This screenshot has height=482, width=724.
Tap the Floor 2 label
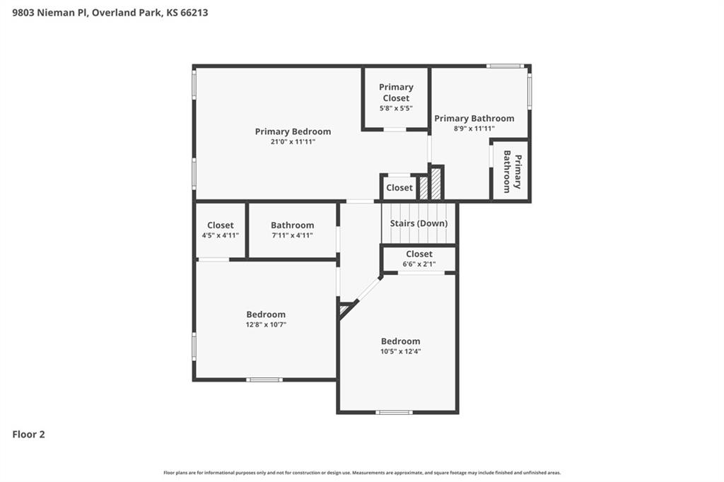(x=28, y=435)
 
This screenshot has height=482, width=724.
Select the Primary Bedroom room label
(x=293, y=131)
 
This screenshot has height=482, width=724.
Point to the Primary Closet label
(x=396, y=93)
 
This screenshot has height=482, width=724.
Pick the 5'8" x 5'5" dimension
(x=396, y=108)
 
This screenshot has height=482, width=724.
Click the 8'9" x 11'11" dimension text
(x=474, y=129)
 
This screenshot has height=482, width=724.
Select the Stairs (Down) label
(x=419, y=223)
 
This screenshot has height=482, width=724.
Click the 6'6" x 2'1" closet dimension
(x=419, y=264)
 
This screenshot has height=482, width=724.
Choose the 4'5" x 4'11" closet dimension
(x=220, y=235)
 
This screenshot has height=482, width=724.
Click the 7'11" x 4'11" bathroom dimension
(x=292, y=235)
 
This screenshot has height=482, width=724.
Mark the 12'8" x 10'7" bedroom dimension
(x=266, y=324)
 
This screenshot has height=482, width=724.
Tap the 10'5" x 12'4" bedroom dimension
(x=400, y=351)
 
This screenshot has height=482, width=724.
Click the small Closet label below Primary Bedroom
(x=399, y=187)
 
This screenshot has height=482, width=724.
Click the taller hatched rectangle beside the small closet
(x=436, y=183)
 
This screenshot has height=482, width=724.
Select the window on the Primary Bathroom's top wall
(x=505, y=66)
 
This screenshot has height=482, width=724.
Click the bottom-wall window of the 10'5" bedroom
(x=394, y=412)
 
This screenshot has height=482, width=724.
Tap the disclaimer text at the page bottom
(x=362, y=473)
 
